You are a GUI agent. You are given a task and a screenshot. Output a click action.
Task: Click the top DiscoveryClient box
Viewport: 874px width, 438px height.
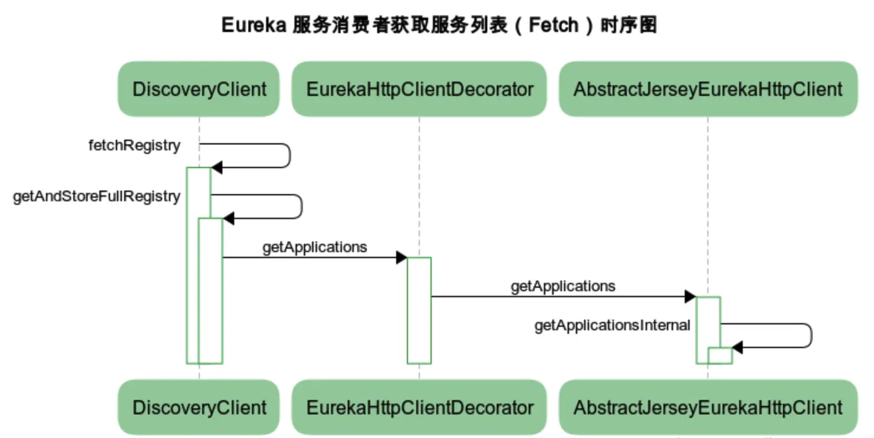click(199, 89)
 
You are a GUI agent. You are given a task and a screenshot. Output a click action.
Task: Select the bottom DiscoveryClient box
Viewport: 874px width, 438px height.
click(199, 407)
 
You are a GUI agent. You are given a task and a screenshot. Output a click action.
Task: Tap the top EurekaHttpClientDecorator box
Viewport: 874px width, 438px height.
click(419, 89)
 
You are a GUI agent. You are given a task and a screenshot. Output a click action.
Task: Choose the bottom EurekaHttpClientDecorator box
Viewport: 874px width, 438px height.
click(419, 407)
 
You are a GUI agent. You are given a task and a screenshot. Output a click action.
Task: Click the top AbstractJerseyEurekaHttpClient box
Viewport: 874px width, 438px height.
click(707, 89)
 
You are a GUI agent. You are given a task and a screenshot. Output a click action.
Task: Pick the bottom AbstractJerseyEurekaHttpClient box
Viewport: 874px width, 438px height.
click(707, 407)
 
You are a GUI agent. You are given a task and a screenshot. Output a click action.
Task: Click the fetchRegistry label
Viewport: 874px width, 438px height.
click(134, 146)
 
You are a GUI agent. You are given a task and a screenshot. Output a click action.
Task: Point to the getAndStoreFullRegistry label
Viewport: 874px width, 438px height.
click(96, 197)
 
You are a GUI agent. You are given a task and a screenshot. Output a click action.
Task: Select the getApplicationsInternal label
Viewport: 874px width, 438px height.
click(612, 326)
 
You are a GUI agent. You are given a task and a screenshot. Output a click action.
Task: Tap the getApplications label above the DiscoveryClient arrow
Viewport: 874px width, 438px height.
click(315, 247)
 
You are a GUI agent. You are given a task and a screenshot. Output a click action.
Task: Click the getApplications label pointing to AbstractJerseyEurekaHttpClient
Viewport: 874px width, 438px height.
click(563, 286)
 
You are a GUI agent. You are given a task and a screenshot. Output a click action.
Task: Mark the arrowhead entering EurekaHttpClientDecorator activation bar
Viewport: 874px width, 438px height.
click(402, 257)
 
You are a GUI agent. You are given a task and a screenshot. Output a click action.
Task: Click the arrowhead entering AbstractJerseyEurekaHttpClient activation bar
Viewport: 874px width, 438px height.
click(690, 297)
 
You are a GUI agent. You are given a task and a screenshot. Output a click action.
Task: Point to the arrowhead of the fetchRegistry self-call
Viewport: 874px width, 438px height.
click(216, 168)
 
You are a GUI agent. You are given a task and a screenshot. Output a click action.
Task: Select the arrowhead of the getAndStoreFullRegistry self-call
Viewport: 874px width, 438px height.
click(228, 218)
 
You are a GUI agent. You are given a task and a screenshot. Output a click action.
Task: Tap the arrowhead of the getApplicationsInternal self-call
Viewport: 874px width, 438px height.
click(737, 347)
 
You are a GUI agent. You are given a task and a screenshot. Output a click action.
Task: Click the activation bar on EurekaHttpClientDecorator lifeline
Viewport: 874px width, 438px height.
click(419, 311)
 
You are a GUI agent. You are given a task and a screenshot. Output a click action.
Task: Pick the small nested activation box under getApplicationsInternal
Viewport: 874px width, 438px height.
click(720, 356)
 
